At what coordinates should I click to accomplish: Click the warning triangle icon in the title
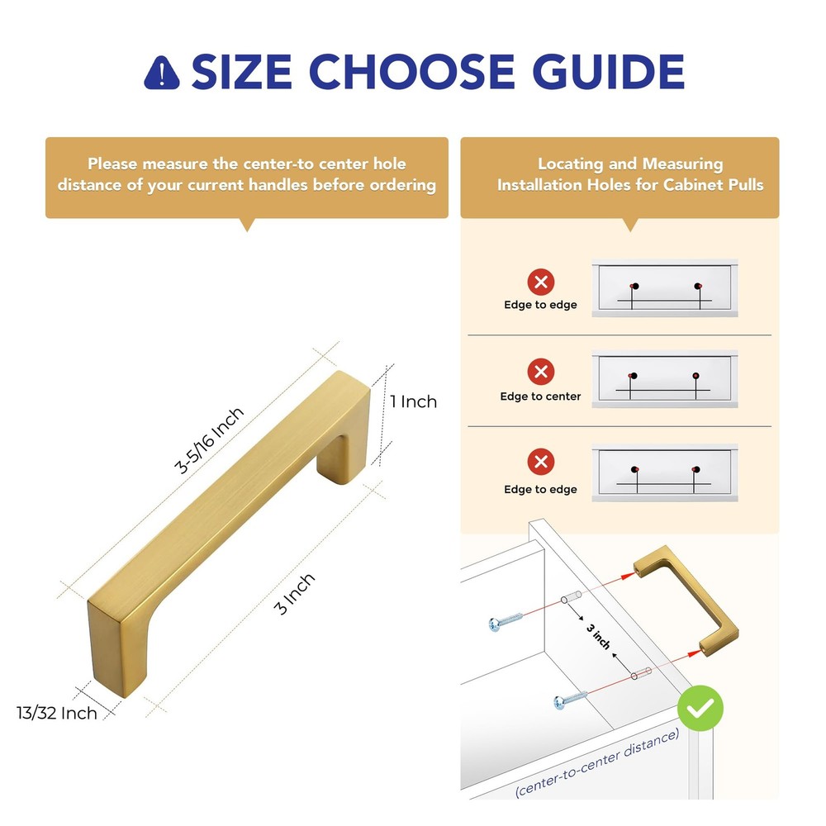162,74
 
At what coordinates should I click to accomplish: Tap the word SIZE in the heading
241,73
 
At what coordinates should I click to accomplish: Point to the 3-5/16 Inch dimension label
210,440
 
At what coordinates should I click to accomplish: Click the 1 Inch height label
413,402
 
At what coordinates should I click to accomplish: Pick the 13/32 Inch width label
55,712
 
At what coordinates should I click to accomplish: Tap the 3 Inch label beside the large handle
296,594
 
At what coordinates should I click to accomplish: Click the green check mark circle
700,708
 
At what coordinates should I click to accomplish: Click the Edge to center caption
540,396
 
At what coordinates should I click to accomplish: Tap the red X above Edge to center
541,370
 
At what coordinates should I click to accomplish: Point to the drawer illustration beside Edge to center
665,381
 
